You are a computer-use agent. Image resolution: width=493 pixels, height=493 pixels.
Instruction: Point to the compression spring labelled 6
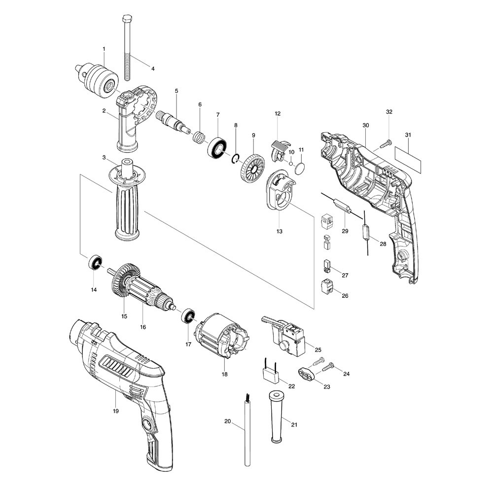coord(198,135)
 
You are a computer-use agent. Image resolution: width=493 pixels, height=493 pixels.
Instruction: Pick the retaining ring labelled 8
coord(236,158)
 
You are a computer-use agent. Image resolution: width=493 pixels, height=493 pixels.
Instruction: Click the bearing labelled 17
coord(188,317)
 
